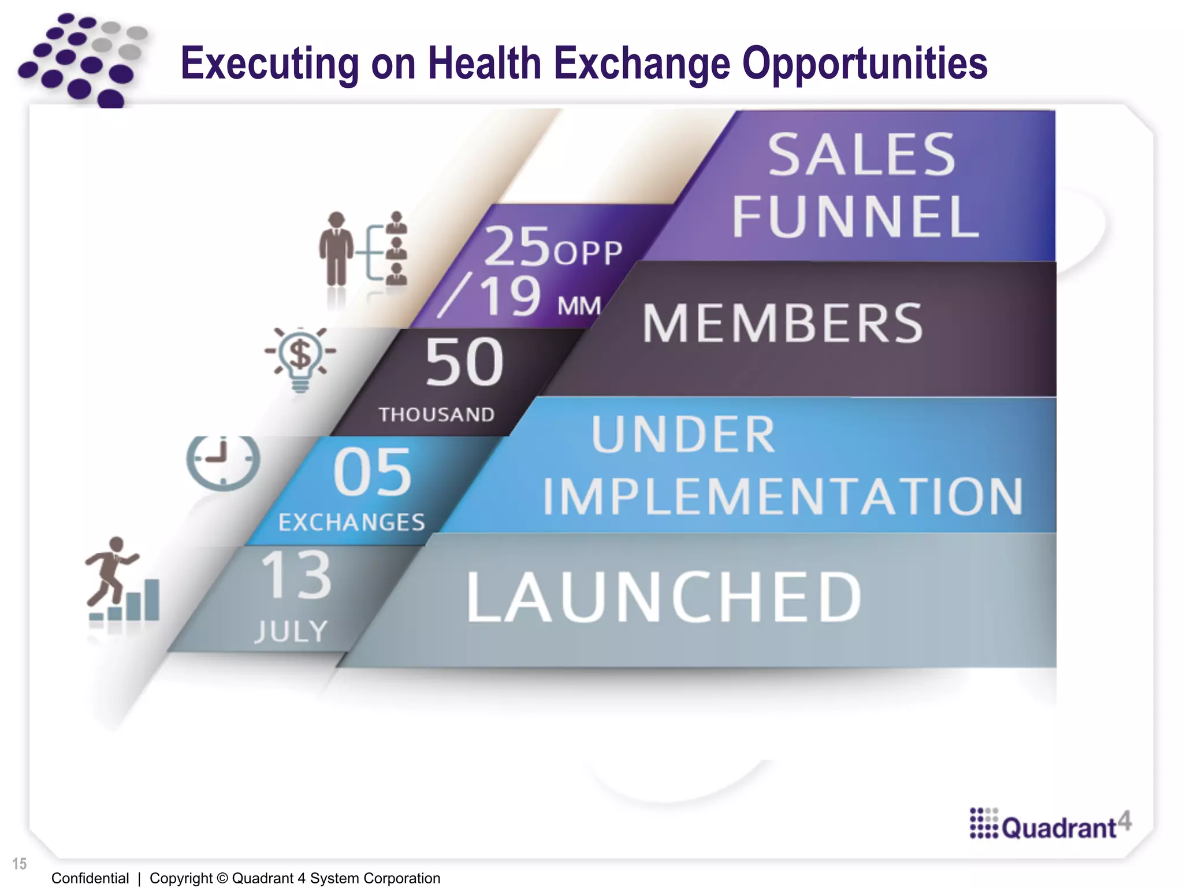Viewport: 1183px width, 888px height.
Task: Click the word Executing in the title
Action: pos(270,63)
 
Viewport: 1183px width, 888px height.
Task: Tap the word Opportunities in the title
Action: pos(865,63)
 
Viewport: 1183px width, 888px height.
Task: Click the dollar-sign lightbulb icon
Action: pos(300,358)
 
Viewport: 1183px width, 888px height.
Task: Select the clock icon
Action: pos(223,462)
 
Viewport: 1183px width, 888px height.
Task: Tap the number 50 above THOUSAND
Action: pos(464,362)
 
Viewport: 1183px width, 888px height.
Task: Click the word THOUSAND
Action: pos(437,415)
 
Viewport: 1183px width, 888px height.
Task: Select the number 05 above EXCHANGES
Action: pos(373,472)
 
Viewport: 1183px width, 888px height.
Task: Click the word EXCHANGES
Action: pos(352,523)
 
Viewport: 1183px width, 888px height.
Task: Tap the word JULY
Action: pos(292,631)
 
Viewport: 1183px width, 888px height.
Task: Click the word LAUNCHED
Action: pos(664,597)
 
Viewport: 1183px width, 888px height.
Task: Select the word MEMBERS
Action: pos(783,323)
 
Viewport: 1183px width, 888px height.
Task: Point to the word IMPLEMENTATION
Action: pos(783,496)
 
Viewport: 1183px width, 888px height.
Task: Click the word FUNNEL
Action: pos(855,217)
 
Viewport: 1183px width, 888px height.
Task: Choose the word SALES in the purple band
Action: pos(861,154)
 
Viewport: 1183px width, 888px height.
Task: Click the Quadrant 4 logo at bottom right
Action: pos(1050,824)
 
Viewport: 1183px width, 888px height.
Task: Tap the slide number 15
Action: pos(19,864)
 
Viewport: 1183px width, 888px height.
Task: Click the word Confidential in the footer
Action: pos(90,878)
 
